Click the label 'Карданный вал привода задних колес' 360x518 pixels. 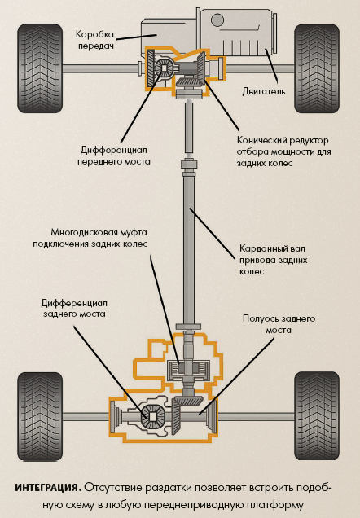pos(273,258)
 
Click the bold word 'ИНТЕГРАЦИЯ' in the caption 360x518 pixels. pos(47,487)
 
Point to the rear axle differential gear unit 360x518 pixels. pos(150,415)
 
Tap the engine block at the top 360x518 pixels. pos(244,33)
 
